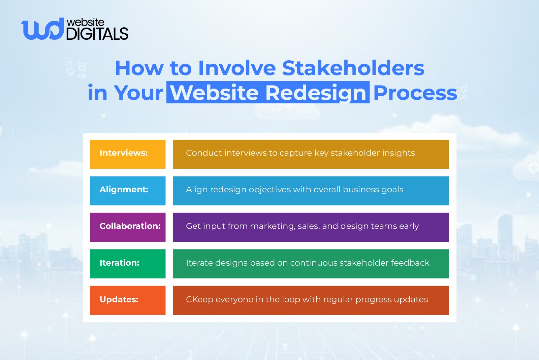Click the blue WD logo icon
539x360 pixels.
pos(42,29)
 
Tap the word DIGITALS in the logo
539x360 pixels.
pos(97,34)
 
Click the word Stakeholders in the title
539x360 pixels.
pos(353,68)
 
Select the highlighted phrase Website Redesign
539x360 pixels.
pos(268,93)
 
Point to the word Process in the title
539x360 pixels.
pos(415,93)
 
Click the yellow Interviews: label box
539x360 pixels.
pos(128,154)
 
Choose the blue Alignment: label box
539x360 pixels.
pos(128,191)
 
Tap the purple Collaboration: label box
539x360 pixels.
pos(128,227)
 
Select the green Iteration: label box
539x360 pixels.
pos(128,264)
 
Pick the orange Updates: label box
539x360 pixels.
pos(128,300)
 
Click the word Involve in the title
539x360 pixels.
pos(237,68)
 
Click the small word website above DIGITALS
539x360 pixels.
pos(86,22)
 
